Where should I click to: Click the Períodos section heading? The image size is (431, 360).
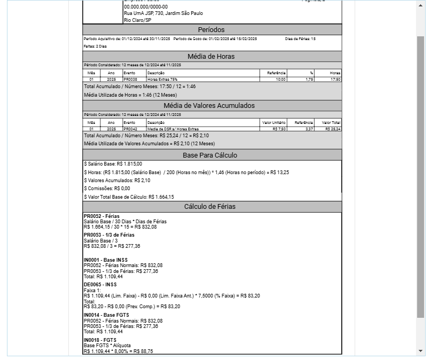[211, 30]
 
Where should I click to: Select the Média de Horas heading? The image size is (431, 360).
[211, 57]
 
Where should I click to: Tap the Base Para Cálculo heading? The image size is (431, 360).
[211, 155]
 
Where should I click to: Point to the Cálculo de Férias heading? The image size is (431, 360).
[211, 207]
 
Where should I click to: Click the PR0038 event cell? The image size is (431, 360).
[129, 80]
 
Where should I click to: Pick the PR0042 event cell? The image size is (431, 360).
[130, 129]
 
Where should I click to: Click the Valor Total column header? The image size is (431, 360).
[331, 122]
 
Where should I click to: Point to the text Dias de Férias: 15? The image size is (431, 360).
[300, 39]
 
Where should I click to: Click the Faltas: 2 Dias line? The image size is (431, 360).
[95, 46]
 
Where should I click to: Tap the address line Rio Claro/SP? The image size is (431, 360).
[137, 20]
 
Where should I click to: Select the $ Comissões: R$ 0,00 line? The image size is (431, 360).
[107, 189]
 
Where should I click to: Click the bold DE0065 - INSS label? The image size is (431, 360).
[100, 285]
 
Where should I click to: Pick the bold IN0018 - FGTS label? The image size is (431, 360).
[100, 340]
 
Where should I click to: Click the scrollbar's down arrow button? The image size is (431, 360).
[420, 351]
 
